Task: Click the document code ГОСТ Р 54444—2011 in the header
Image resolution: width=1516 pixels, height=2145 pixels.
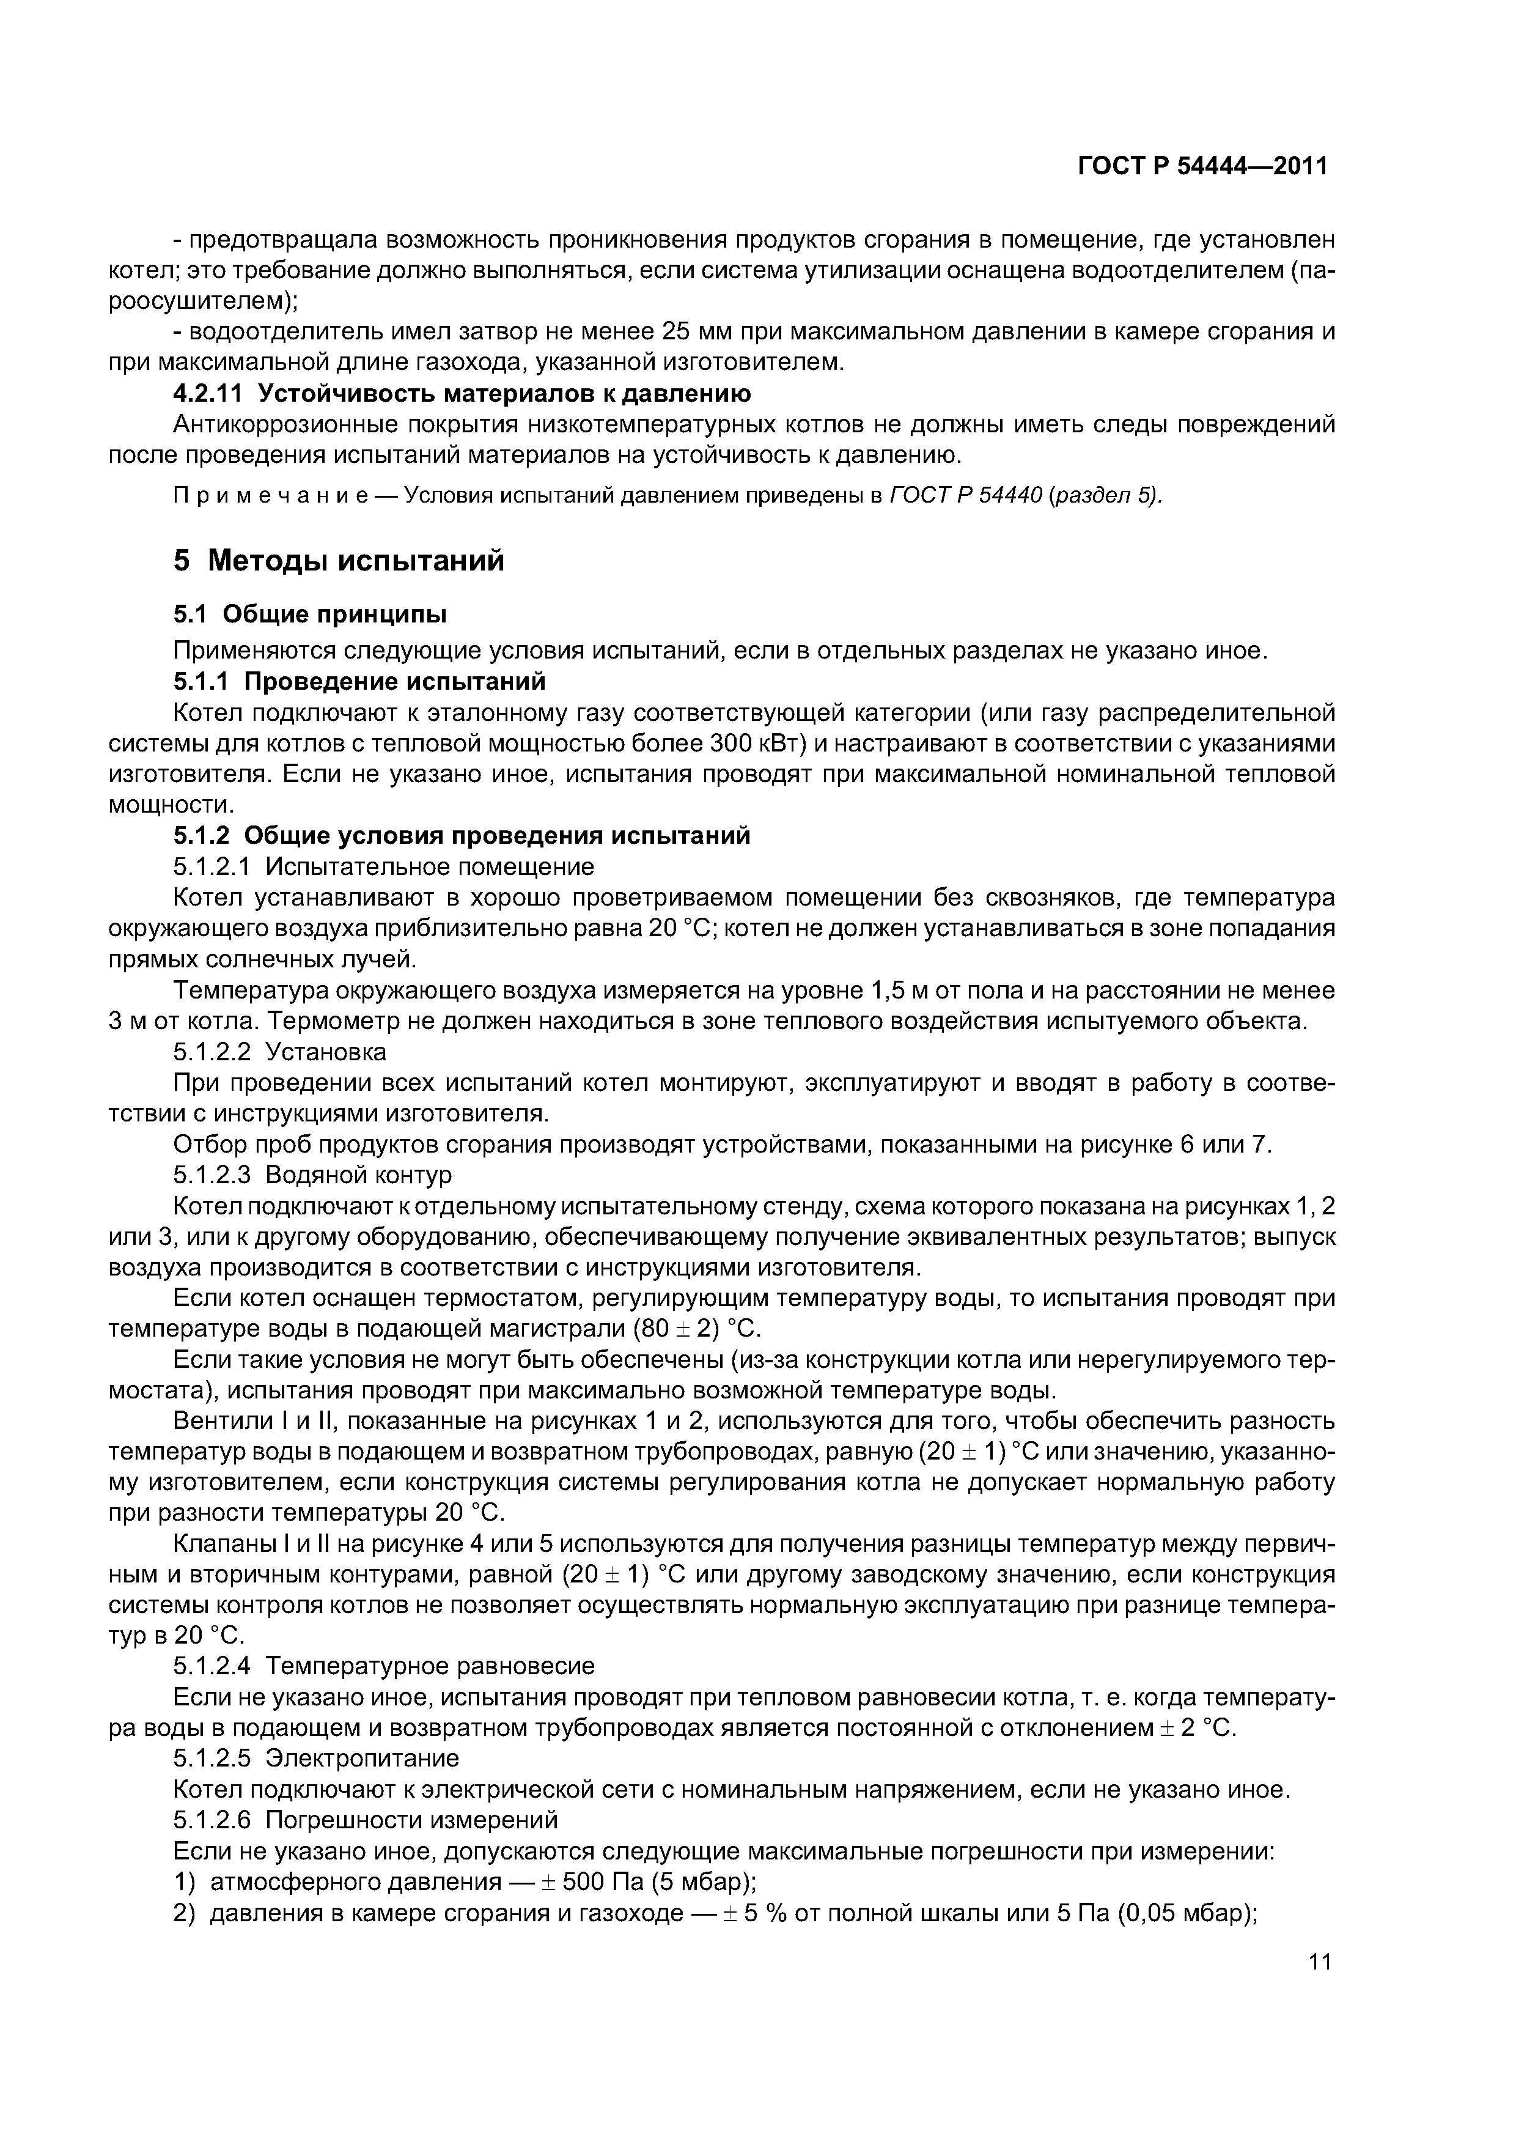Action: click(x=1202, y=166)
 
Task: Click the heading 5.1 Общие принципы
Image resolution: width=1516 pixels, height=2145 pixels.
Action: click(x=309, y=614)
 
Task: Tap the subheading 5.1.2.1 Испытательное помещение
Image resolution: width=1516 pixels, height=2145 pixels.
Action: click(x=383, y=867)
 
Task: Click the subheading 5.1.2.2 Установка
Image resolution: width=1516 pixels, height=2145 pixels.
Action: click(x=279, y=1052)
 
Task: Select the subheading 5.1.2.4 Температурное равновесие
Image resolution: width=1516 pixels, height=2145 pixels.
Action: click(x=383, y=1666)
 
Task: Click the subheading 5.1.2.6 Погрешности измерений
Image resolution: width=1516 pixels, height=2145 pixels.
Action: click(x=365, y=1820)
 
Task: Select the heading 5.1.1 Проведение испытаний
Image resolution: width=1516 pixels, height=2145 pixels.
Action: click(x=359, y=681)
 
